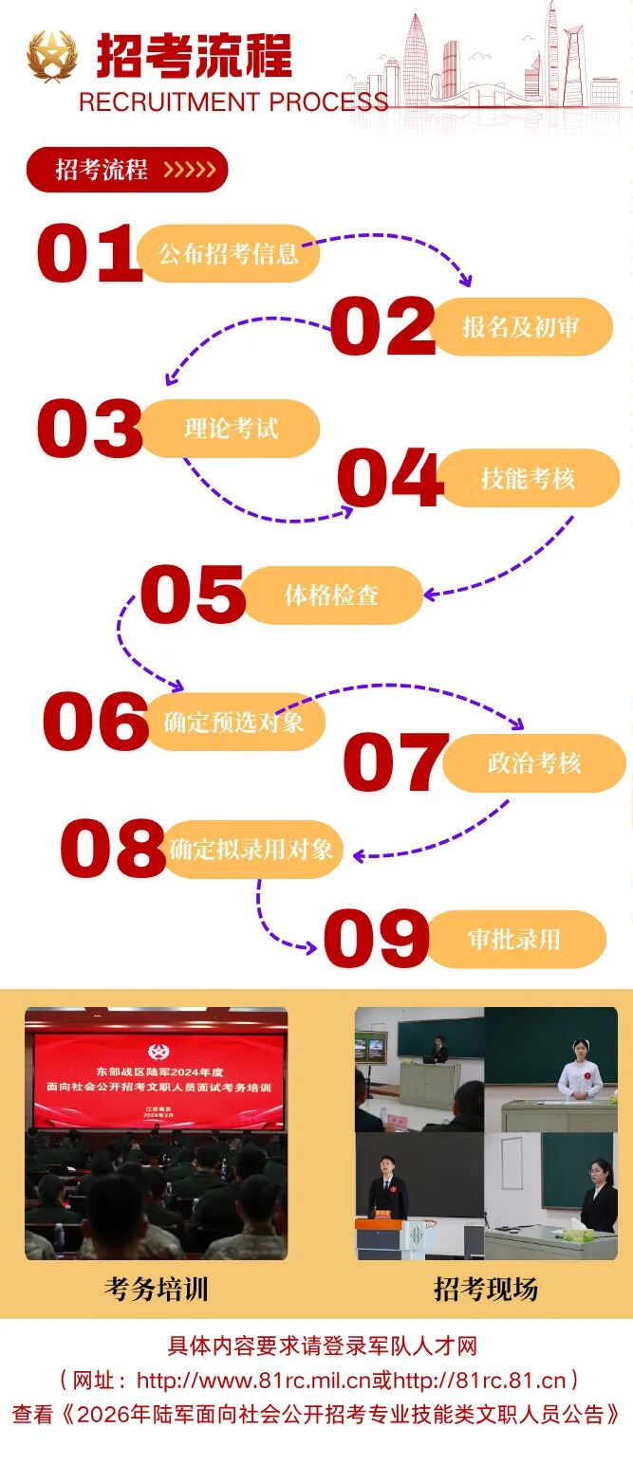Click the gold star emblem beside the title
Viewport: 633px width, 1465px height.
[x=51, y=56]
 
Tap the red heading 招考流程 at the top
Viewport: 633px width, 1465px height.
[x=195, y=56]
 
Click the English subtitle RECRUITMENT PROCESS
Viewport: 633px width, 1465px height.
[x=233, y=102]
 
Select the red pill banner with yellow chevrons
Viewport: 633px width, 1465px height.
[x=127, y=170]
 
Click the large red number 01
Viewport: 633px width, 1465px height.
[x=89, y=253]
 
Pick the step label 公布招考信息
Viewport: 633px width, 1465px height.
[x=229, y=254]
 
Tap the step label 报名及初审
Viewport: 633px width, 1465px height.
[x=521, y=326]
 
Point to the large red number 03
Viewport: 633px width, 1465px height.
[x=89, y=429]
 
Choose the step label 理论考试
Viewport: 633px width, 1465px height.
[x=231, y=429]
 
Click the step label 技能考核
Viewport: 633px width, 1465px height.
[x=529, y=478]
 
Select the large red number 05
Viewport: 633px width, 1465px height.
[x=193, y=594]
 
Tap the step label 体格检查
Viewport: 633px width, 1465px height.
[x=331, y=595]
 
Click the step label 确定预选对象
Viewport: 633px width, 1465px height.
[x=233, y=722]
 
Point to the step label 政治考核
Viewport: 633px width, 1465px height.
[x=534, y=763]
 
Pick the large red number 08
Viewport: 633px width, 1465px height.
[x=113, y=849]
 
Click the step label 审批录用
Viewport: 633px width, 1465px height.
[x=514, y=939]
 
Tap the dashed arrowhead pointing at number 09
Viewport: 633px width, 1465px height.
[x=310, y=947]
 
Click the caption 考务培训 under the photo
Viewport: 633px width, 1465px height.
[x=156, y=1289]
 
